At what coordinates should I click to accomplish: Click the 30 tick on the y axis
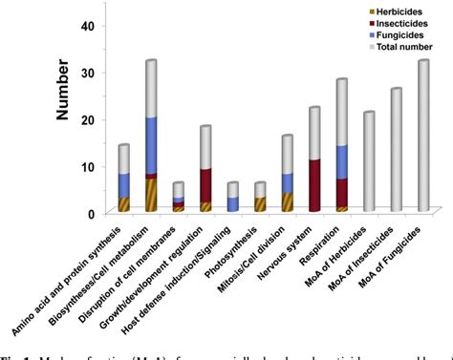(x=88, y=73)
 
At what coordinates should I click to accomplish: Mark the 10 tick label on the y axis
(x=88, y=166)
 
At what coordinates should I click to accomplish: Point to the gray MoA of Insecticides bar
(x=397, y=149)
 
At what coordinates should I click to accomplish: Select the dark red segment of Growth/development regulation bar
(x=205, y=185)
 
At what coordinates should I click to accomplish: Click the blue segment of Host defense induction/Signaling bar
(x=233, y=203)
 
